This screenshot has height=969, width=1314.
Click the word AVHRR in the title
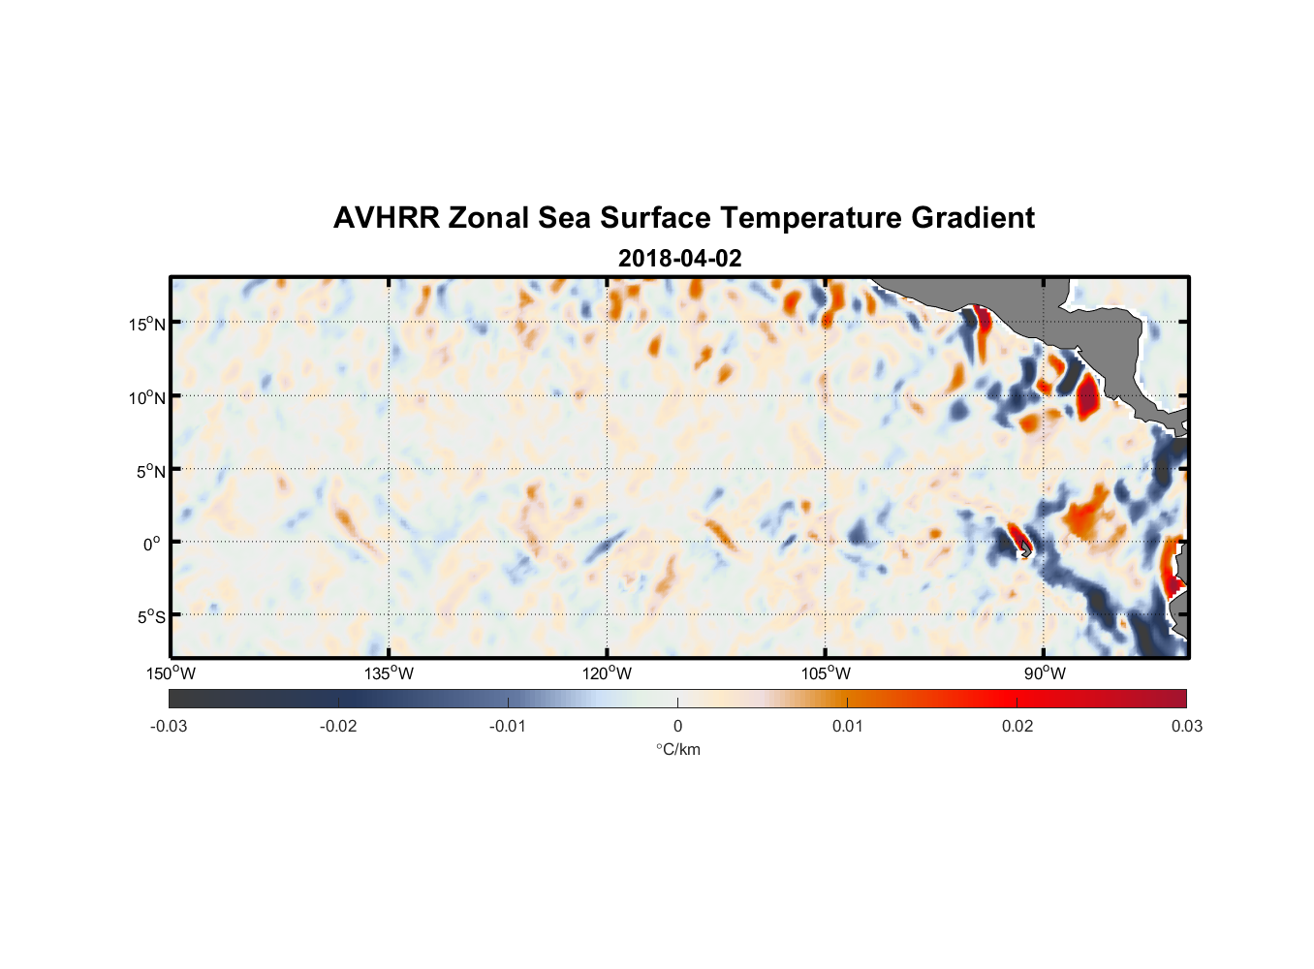pyautogui.click(x=386, y=218)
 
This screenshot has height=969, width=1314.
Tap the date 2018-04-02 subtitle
pyautogui.click(x=679, y=259)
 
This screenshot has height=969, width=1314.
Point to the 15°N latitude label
pyautogui.click(x=147, y=324)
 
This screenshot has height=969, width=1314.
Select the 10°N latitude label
pyautogui.click(x=147, y=397)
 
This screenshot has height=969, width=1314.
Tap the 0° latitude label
pyautogui.click(x=152, y=544)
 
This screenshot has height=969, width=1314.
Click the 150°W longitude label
pyautogui.click(x=171, y=673)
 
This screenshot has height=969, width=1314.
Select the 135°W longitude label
pyautogui.click(x=389, y=673)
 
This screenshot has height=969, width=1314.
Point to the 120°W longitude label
pyautogui.click(x=607, y=673)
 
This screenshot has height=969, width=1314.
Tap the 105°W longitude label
pyautogui.click(x=826, y=673)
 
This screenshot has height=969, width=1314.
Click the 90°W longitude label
pyautogui.click(x=1044, y=673)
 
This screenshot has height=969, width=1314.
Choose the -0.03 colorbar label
pyautogui.click(x=169, y=726)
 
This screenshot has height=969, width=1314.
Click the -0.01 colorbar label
pyautogui.click(x=508, y=726)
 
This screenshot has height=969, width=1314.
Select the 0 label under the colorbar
pyautogui.click(x=677, y=726)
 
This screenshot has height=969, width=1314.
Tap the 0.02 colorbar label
pyautogui.click(x=1017, y=726)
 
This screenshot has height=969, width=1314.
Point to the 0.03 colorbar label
pyautogui.click(x=1186, y=726)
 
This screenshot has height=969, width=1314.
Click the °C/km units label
pyautogui.click(x=678, y=749)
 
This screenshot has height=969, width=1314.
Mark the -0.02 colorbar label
pyautogui.click(x=338, y=726)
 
